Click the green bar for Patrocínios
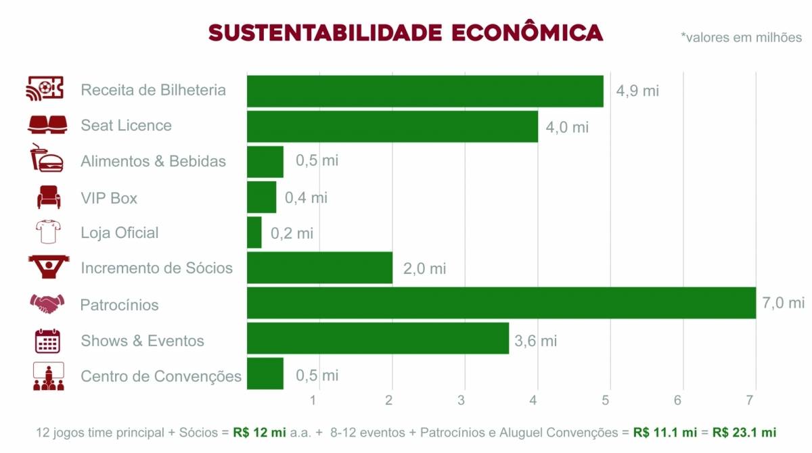(501, 302)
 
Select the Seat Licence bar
(392, 126)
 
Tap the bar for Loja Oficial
(254, 233)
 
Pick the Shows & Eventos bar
(378, 338)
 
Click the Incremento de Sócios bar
(319, 268)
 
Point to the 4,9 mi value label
(637, 91)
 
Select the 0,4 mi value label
(306, 197)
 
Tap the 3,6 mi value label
(535, 341)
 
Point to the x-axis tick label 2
(389, 400)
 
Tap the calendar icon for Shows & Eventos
(47, 340)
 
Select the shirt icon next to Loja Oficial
(47, 232)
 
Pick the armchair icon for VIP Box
(48, 197)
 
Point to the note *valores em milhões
(741, 37)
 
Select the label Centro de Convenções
(161, 377)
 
